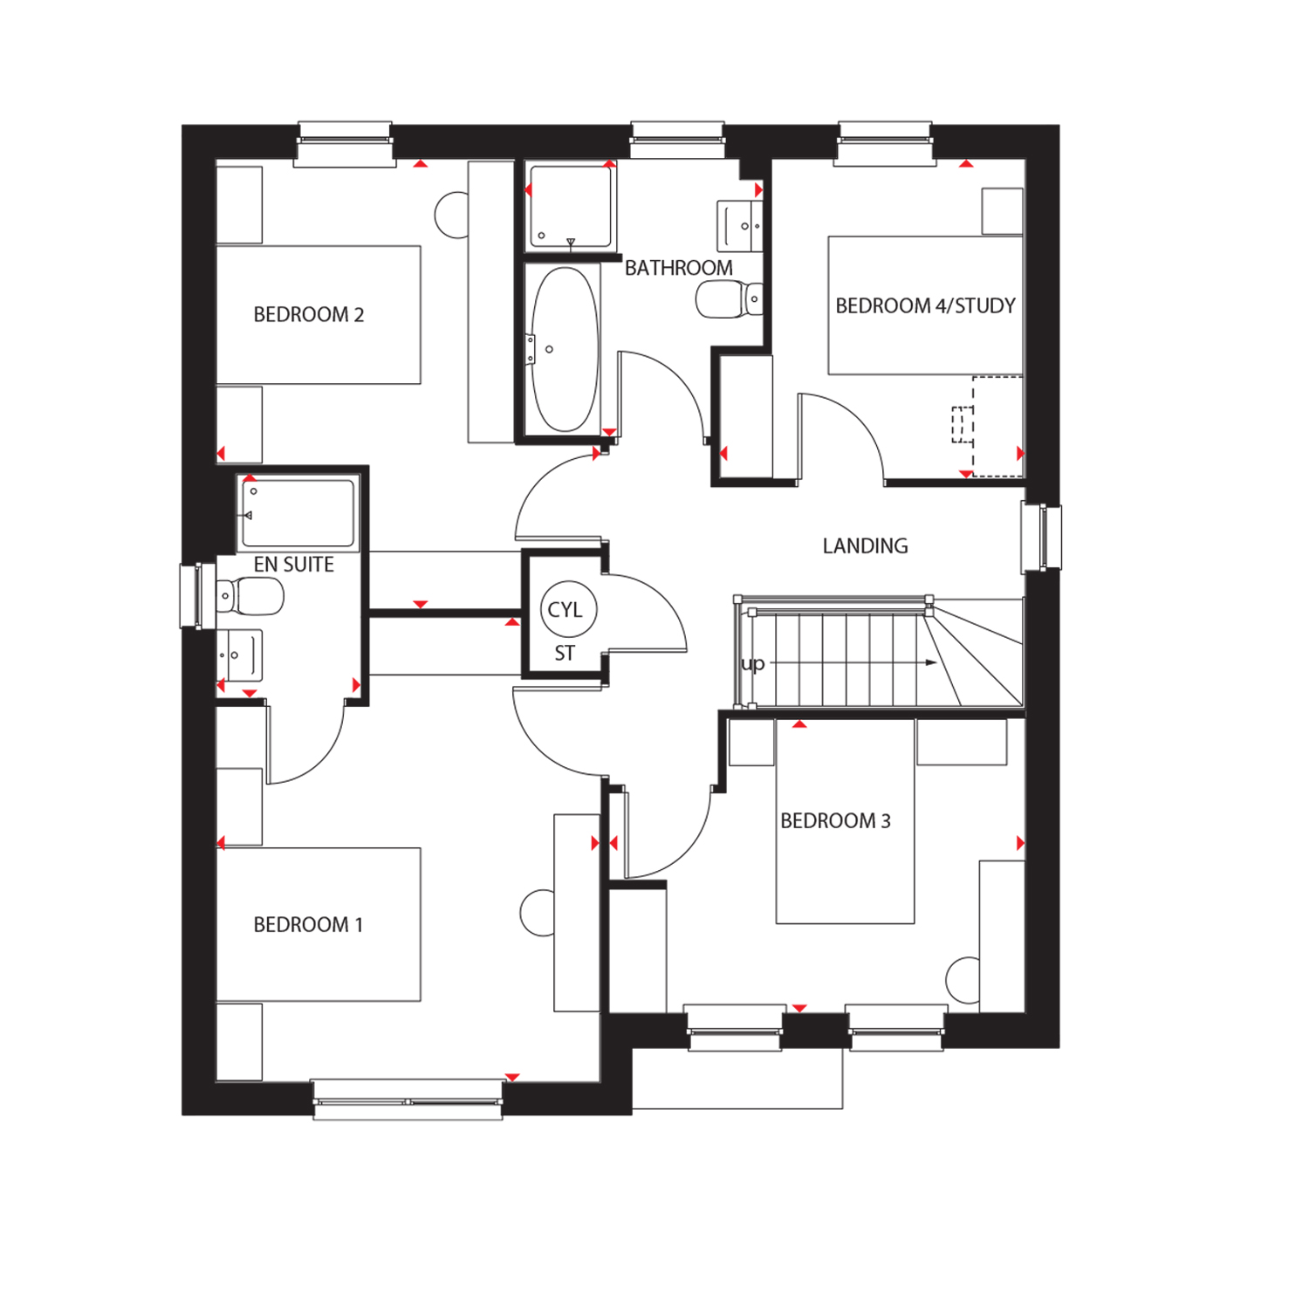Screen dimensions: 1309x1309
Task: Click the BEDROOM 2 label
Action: click(x=309, y=314)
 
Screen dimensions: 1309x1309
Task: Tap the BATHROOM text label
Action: click(x=679, y=268)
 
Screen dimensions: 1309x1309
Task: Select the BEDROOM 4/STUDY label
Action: click(x=926, y=305)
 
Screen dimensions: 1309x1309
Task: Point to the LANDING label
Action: click(x=866, y=546)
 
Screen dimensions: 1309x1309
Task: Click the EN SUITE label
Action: click(x=294, y=565)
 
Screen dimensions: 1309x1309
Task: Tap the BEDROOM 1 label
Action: click(x=308, y=924)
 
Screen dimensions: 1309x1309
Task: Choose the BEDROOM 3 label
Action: click(x=835, y=820)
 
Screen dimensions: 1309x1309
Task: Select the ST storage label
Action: click(x=565, y=653)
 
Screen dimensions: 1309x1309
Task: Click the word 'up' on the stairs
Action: click(x=752, y=664)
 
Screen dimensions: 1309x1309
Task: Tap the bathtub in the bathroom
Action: click(x=565, y=349)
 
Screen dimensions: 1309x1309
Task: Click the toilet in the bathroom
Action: click(x=729, y=299)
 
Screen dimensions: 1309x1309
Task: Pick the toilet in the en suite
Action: click(x=250, y=597)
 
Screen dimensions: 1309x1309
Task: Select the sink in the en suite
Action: click(x=240, y=655)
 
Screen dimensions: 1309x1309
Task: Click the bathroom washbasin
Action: click(x=740, y=226)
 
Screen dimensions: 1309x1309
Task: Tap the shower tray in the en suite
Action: click(x=298, y=513)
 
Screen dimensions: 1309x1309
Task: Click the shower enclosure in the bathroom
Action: click(x=570, y=206)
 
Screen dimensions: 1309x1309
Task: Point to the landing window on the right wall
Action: click(x=1042, y=537)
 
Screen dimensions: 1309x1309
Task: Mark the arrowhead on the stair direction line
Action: click(x=931, y=663)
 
